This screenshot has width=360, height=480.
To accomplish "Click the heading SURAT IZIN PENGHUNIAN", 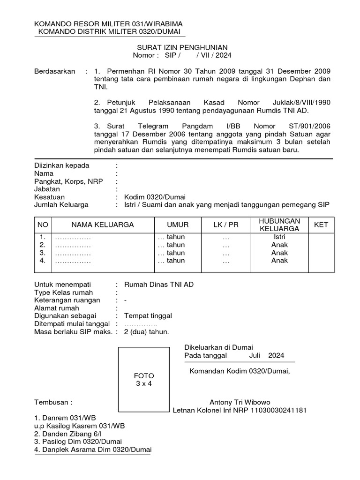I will point(182,47).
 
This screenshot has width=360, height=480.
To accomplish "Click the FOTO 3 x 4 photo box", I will point(144,379).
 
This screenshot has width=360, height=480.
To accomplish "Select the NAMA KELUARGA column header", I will point(102,225).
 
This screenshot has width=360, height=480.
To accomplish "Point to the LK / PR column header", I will point(226,225).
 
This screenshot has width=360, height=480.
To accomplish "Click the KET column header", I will point(321,225).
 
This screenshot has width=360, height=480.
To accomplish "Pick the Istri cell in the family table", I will point(279,237).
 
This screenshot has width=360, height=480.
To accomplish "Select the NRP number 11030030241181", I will point(280,410).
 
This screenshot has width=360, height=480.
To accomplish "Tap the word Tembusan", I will point(53,402).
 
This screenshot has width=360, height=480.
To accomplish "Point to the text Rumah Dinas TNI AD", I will point(158,284).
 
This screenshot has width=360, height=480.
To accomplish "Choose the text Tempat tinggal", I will point(148,316).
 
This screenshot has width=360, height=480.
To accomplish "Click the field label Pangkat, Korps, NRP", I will point(69,181).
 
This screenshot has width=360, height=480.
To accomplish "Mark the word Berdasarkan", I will point(55,71).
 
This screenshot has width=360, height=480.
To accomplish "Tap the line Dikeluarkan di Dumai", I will point(218,347).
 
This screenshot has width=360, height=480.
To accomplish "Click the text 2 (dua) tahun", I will point(146,332).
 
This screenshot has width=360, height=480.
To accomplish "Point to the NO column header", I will point(43,225).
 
